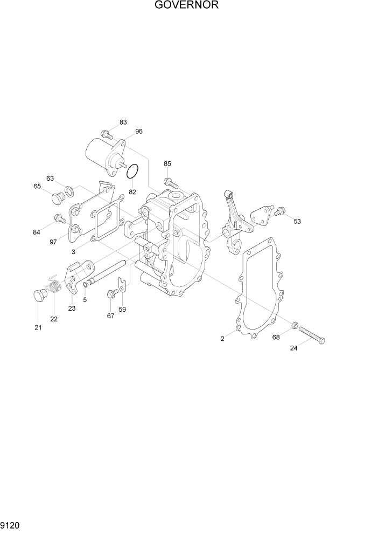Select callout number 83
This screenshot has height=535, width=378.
(123, 122)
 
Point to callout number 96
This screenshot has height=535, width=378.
(139, 131)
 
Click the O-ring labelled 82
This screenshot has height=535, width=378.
(133, 172)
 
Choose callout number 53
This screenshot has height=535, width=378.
(297, 221)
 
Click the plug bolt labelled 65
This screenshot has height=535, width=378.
(57, 199)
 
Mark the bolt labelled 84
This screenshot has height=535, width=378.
(59, 218)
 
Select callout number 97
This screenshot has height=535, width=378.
(53, 242)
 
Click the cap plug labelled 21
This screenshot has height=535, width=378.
(39, 295)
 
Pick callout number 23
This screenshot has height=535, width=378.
(72, 308)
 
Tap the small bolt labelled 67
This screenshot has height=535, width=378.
(113, 293)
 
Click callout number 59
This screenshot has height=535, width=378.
(122, 310)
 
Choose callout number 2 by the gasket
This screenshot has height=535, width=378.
(222, 339)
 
